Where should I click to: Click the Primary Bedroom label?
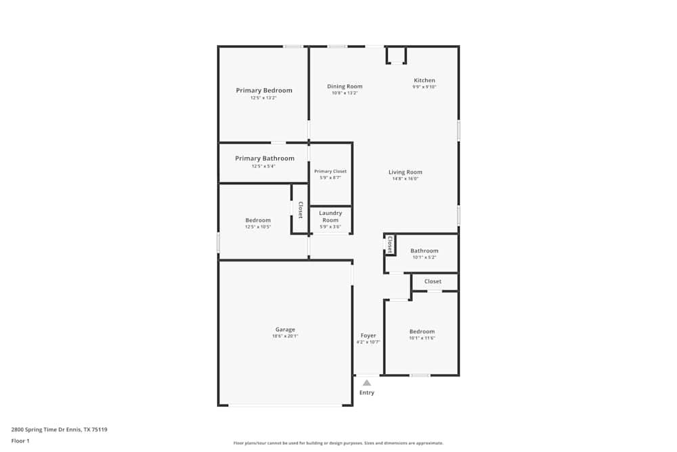tap(264, 91)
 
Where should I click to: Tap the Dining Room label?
tap(345, 87)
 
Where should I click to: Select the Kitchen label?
tap(424, 81)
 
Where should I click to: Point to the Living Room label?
tap(405, 172)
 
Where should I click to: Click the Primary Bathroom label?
tap(265, 159)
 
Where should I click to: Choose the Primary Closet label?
tap(330, 171)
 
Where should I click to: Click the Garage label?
tap(285, 330)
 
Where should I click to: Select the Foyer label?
tap(368, 335)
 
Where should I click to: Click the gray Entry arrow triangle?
tap(367, 383)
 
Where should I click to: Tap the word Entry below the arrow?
tap(367, 392)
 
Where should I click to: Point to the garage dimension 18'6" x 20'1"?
tap(285, 336)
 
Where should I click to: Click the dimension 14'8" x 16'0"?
tap(405, 179)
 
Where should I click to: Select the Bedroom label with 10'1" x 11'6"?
tap(422, 331)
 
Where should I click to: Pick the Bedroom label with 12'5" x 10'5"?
tap(258, 220)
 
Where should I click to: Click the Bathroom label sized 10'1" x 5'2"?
tap(424, 251)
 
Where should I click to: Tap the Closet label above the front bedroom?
tap(433, 281)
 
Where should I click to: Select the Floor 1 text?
tap(20, 440)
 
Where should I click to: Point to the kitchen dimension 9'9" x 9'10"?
tap(424, 87)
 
